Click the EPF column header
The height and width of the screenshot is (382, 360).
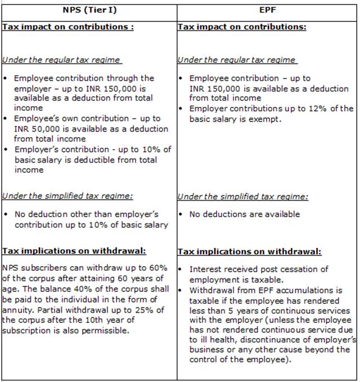[x=267, y=11]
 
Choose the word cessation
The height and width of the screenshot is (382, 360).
[x=300, y=269]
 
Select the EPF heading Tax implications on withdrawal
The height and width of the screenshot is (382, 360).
[x=249, y=251]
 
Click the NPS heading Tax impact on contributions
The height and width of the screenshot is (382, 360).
[x=67, y=27]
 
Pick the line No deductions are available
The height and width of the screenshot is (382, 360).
[x=245, y=214]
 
